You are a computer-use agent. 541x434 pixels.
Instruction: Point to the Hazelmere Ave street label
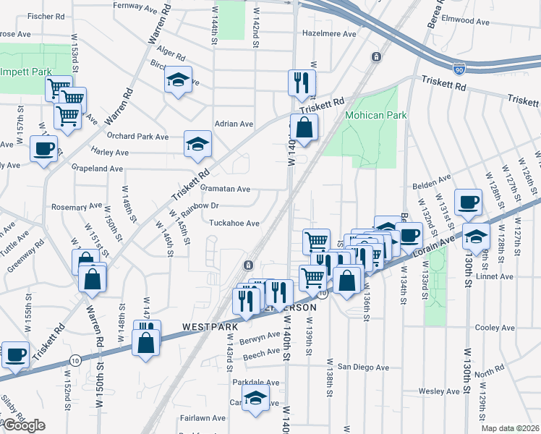point(330,34)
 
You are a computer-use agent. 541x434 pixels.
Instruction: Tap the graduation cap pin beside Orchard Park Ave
point(196,143)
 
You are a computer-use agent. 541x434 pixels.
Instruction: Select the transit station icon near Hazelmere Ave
point(376,56)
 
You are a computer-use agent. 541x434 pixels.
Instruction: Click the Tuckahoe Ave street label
point(234,224)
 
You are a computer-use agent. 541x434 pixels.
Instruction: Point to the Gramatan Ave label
point(225,189)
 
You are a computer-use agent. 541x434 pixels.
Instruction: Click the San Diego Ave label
point(364,367)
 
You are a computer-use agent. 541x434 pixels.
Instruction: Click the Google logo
point(23,425)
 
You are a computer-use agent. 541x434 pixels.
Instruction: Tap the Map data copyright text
point(511,428)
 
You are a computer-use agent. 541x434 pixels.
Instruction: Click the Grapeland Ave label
point(96,169)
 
